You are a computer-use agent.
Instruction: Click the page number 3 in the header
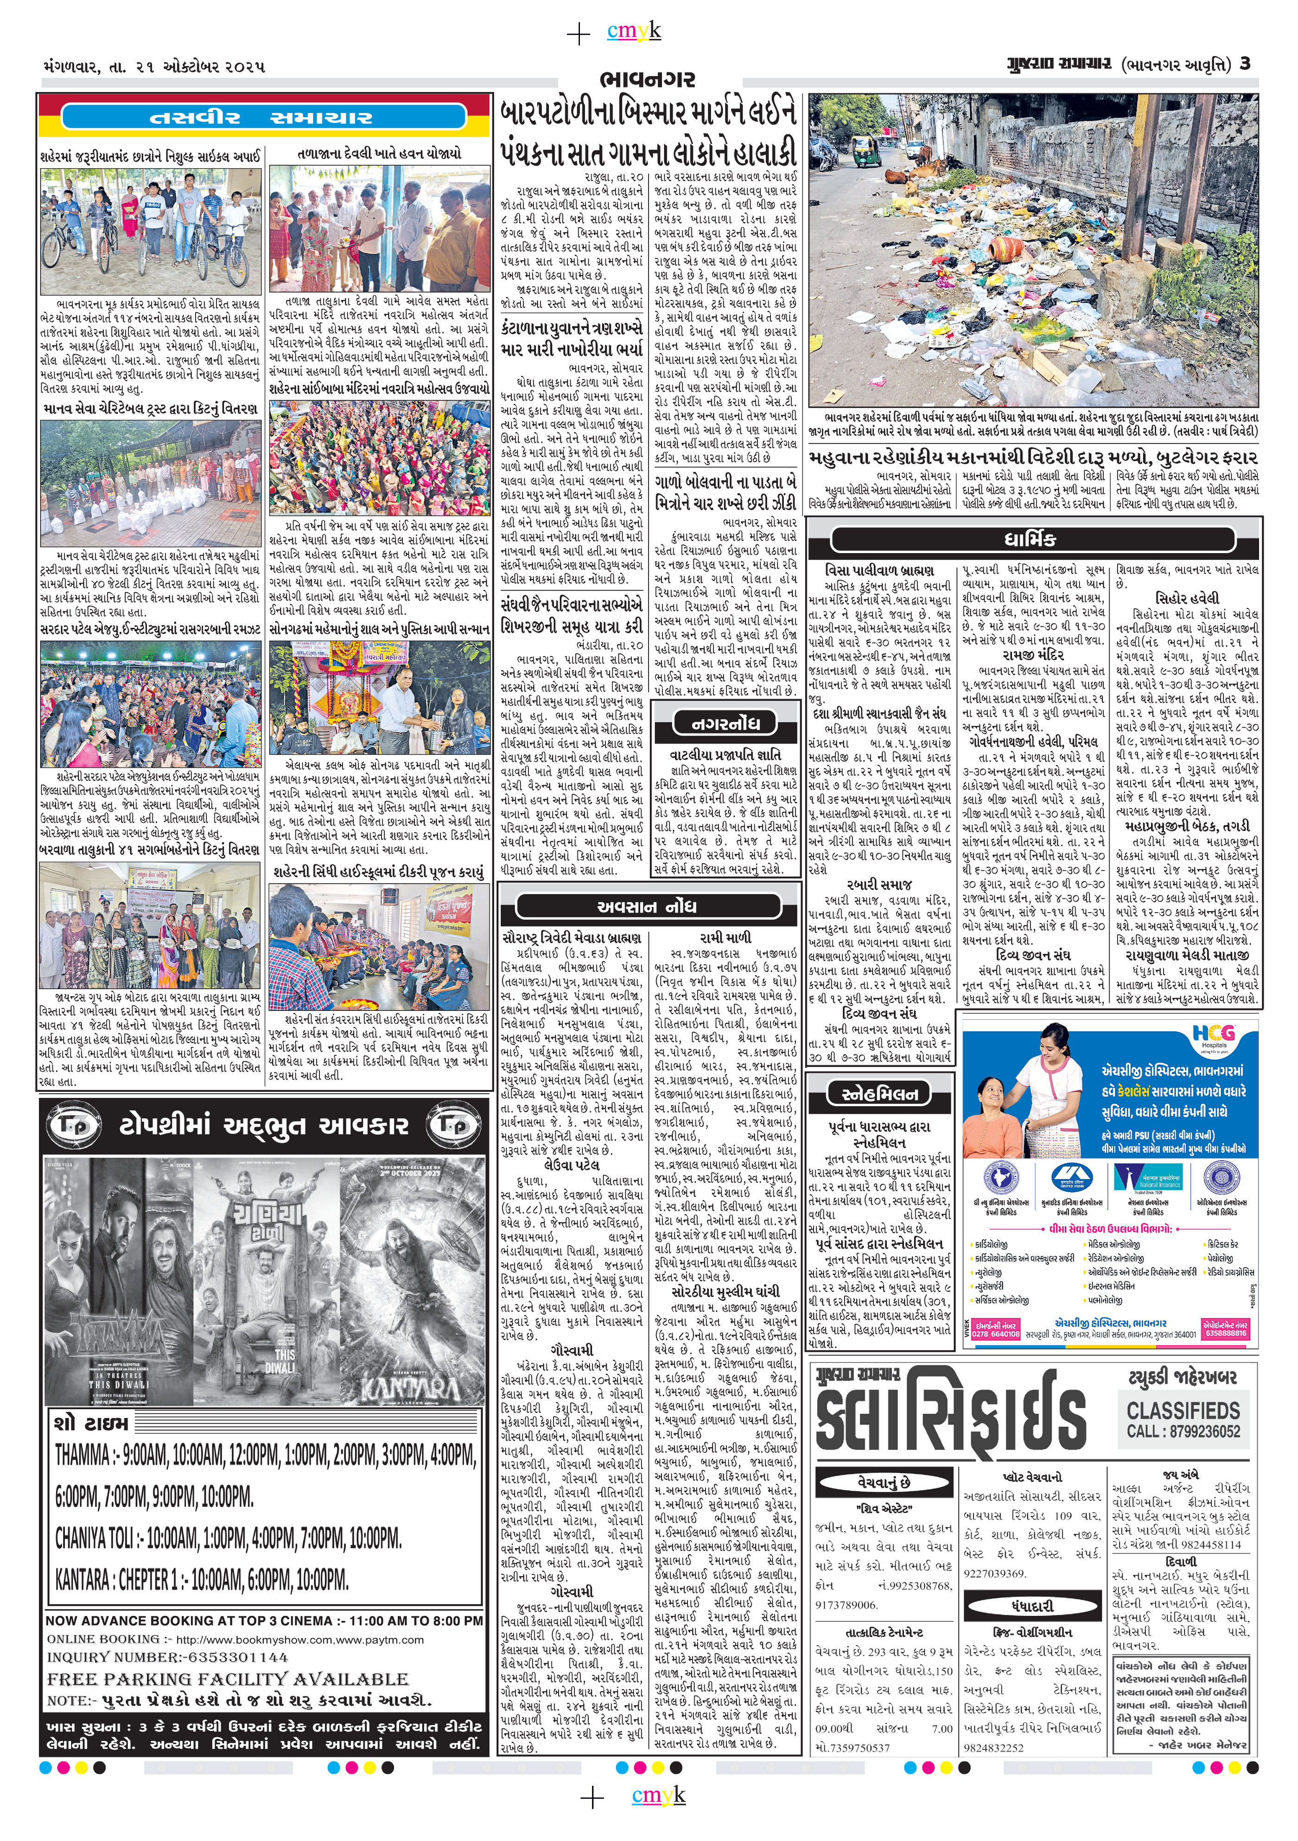[1244, 63]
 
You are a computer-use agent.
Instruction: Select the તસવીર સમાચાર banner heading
[261, 118]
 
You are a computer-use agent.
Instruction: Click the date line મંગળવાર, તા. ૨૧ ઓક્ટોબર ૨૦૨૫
[153, 67]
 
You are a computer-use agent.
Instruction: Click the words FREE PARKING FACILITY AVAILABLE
[228, 1679]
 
